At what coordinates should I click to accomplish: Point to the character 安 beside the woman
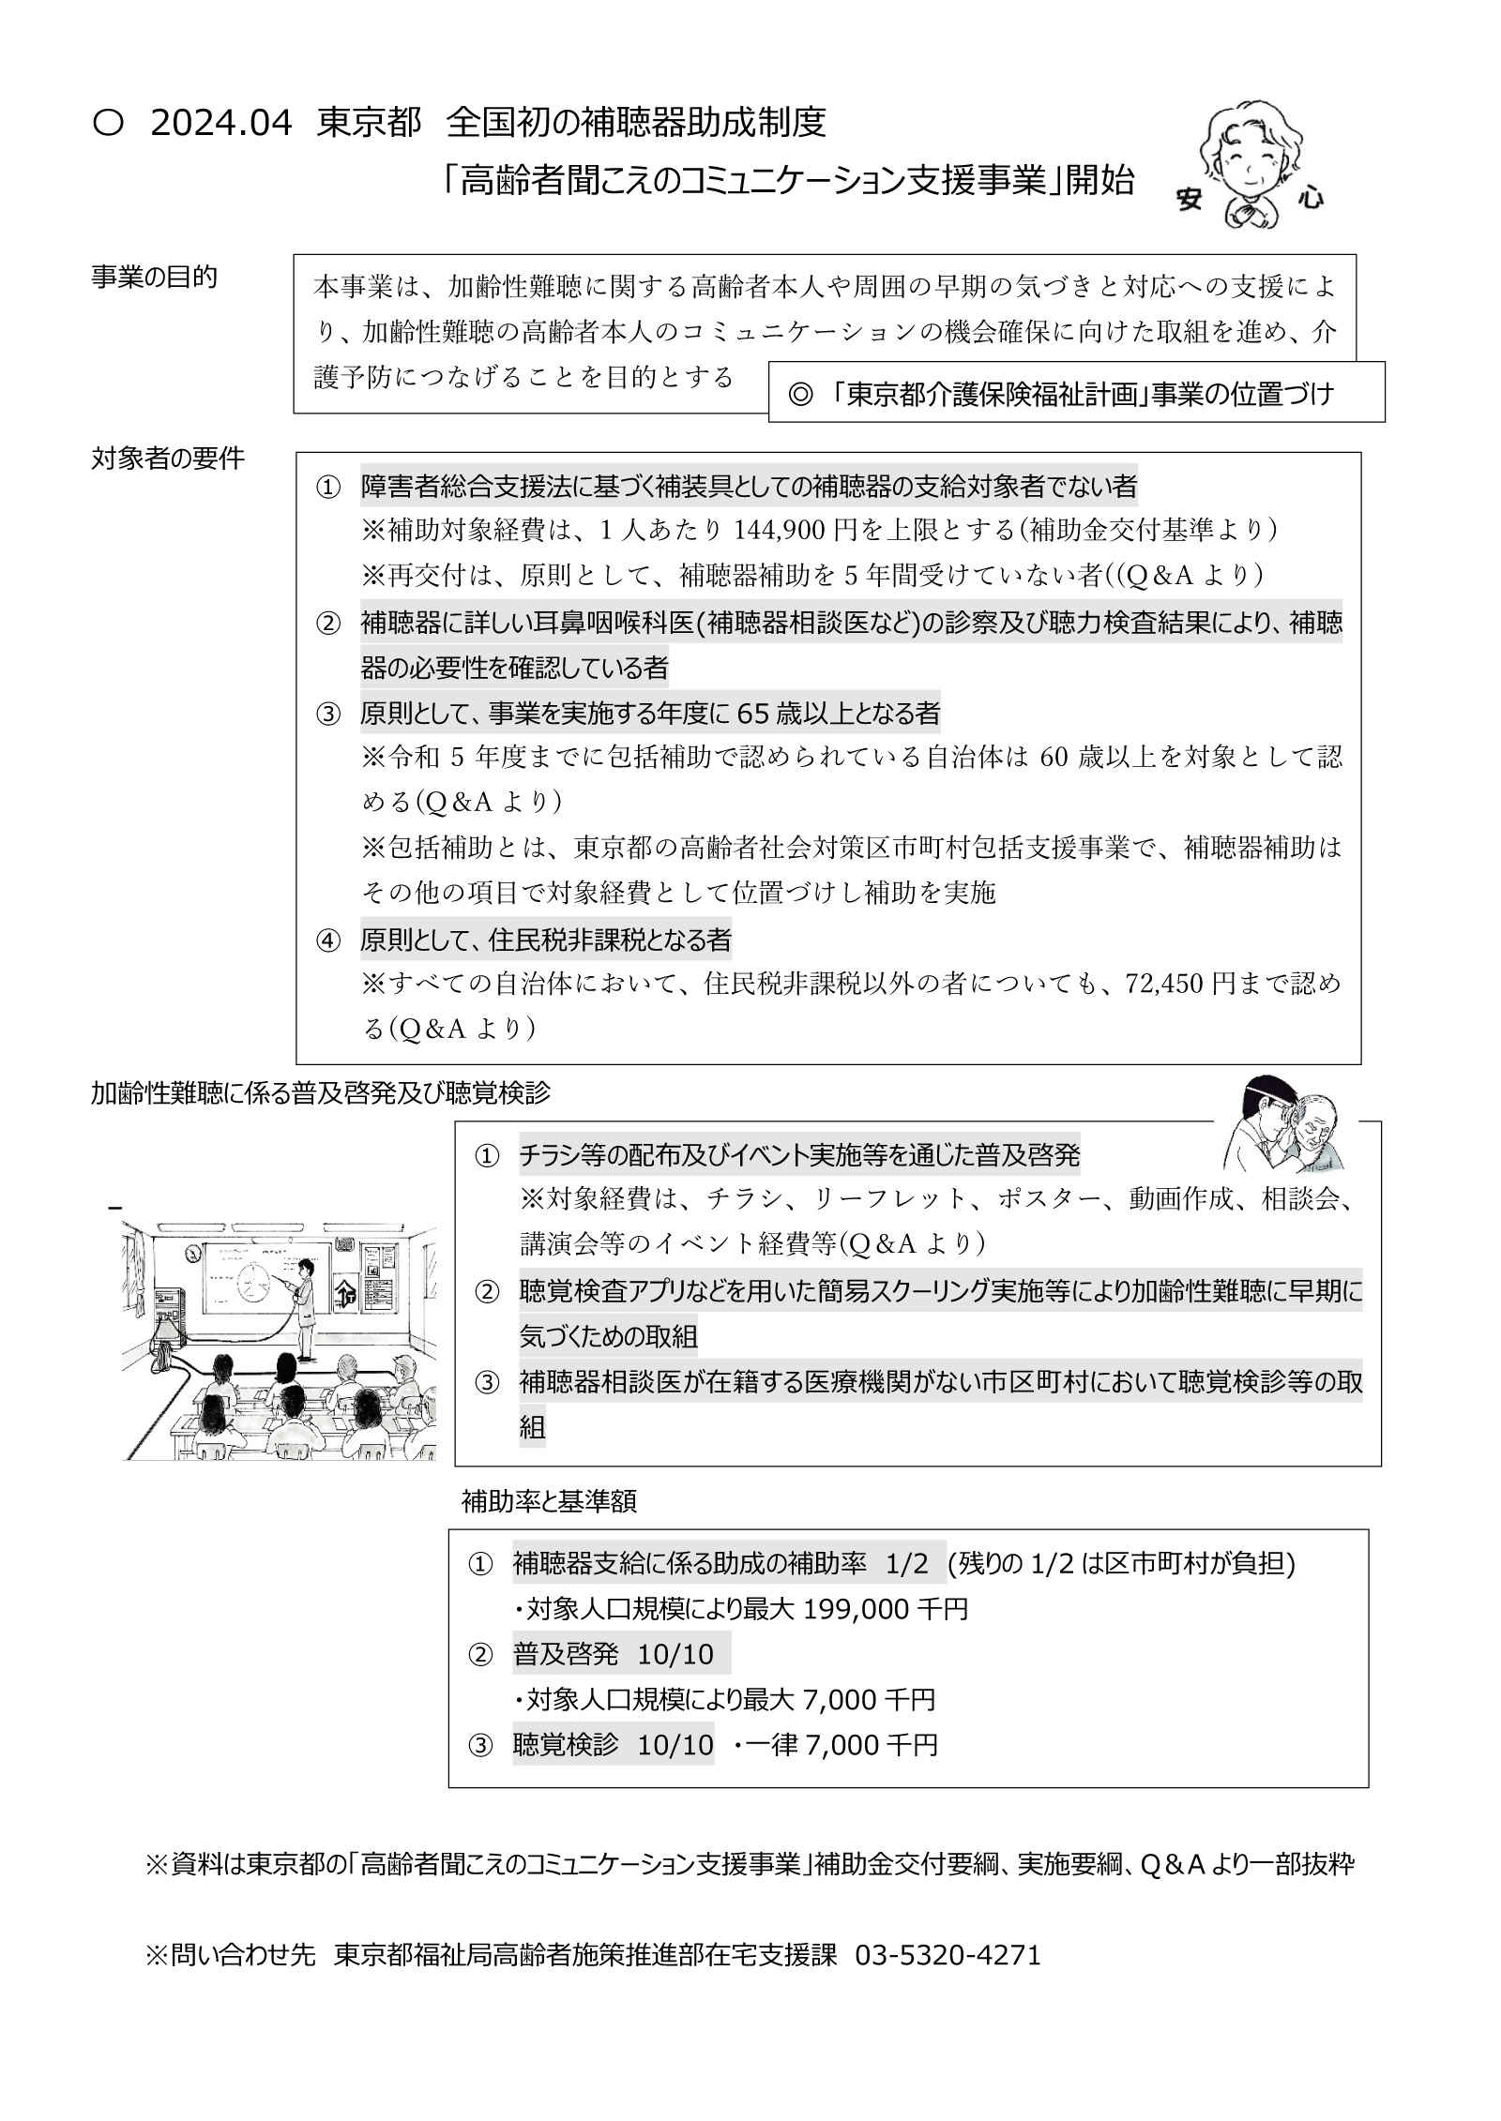pos(1190,198)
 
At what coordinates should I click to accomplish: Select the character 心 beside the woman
pos(1310,196)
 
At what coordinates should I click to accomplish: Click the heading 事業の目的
pos(154,278)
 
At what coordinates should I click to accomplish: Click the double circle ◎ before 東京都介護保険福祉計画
pos(799,394)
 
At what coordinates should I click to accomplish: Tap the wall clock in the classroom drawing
pos(193,1253)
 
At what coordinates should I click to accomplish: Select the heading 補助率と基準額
pos(549,1501)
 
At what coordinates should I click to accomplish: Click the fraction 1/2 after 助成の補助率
pos(906,1564)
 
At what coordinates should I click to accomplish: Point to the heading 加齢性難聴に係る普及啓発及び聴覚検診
pos(321,1092)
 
